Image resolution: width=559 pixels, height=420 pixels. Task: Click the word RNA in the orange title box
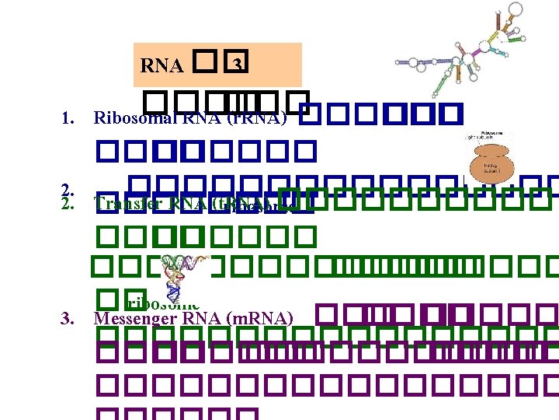click(x=161, y=66)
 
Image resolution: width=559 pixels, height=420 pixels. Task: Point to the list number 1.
click(x=68, y=119)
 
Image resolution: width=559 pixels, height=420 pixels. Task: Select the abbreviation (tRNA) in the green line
click(x=253, y=205)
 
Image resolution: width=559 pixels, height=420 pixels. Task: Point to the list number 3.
click(x=68, y=318)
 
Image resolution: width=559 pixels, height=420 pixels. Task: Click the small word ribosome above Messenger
click(x=168, y=303)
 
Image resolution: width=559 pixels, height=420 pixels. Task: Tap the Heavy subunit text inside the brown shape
click(x=491, y=166)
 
